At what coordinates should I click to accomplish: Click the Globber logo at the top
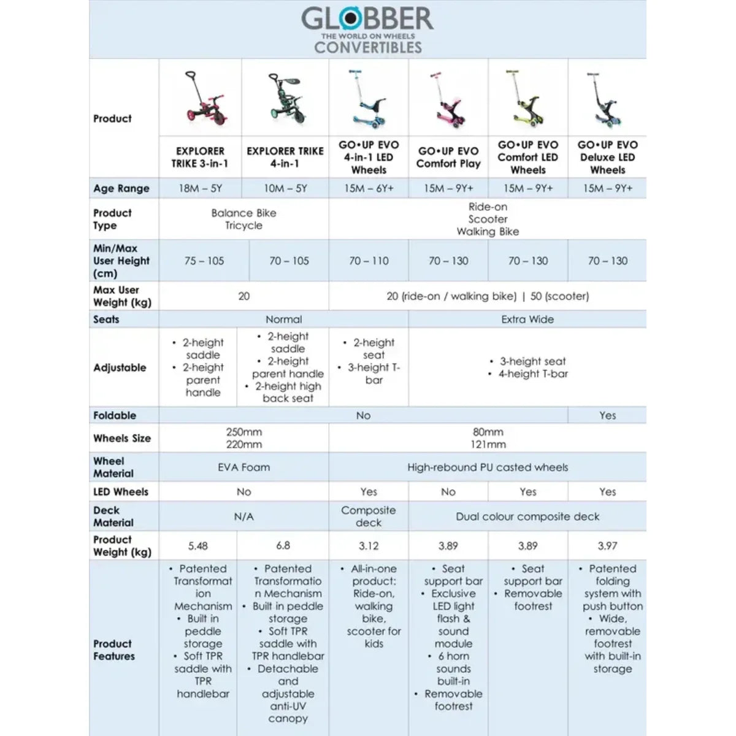pos(367,20)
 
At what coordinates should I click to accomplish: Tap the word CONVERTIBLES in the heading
pos(368,48)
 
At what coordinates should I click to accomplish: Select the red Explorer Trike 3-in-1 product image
pos(201,98)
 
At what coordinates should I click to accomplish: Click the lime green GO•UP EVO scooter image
pos(527,98)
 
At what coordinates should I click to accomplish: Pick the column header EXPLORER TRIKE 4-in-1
pos(285,157)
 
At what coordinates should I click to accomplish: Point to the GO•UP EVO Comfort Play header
pos(448,157)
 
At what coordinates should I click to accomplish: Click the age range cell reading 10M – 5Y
pos(285,188)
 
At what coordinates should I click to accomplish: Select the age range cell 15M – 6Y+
pos(369,188)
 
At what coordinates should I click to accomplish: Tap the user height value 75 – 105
pos(204,261)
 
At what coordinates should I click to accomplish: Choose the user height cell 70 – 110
pos(369,261)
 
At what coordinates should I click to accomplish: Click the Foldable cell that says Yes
pos(607,415)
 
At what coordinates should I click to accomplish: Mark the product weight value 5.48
pos(198,546)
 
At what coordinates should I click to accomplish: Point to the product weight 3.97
pos(607,546)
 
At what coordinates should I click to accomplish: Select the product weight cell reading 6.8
pos(283,545)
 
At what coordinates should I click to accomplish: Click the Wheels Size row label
pos(122,438)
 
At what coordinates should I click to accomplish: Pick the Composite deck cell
pos(369,516)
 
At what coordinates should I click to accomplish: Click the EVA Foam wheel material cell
pos(243,467)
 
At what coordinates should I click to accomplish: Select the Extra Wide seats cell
pos(527,320)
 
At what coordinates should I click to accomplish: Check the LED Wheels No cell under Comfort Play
pos(448,492)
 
